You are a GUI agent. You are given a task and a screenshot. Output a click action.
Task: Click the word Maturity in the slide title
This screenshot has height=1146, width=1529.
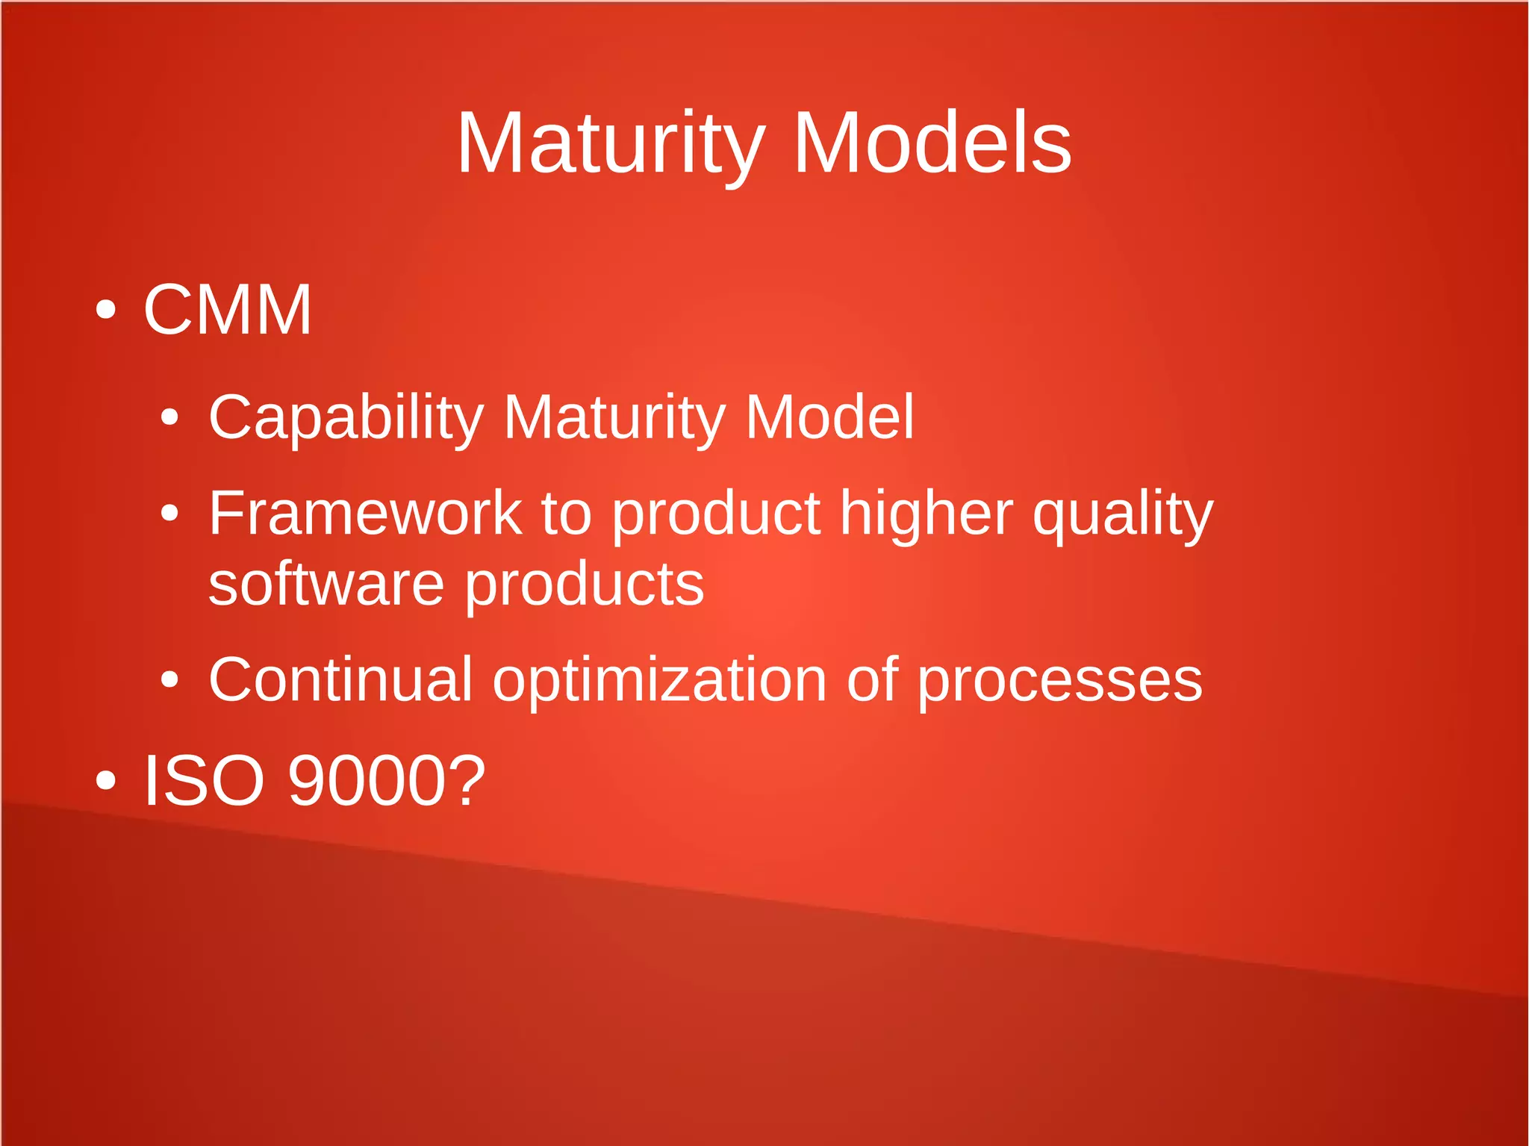pyautogui.click(x=611, y=143)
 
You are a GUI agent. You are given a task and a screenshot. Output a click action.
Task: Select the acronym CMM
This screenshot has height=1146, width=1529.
pyautogui.click(x=227, y=310)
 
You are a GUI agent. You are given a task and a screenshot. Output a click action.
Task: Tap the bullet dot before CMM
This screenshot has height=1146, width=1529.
pyautogui.click(x=106, y=309)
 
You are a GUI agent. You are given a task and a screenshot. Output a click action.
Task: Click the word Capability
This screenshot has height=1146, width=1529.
pyautogui.click(x=346, y=417)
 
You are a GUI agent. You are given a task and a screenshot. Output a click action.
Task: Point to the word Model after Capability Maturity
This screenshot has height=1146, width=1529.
pyautogui.click(x=829, y=417)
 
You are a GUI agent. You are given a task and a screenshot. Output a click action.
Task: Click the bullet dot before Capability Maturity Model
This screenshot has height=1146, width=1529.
pyautogui.click(x=170, y=417)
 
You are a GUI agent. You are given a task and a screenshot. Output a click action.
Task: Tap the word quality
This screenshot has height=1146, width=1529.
pyautogui.click(x=1123, y=515)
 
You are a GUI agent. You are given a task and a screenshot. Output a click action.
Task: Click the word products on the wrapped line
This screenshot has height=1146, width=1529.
pyautogui.click(x=585, y=585)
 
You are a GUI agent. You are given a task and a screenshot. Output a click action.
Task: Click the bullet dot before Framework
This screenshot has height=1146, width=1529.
pyautogui.click(x=170, y=513)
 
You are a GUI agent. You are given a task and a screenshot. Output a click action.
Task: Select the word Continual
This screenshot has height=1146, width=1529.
pyautogui.click(x=340, y=680)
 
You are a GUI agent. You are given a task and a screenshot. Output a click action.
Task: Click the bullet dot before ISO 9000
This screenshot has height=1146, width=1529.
pyautogui.click(x=106, y=780)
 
